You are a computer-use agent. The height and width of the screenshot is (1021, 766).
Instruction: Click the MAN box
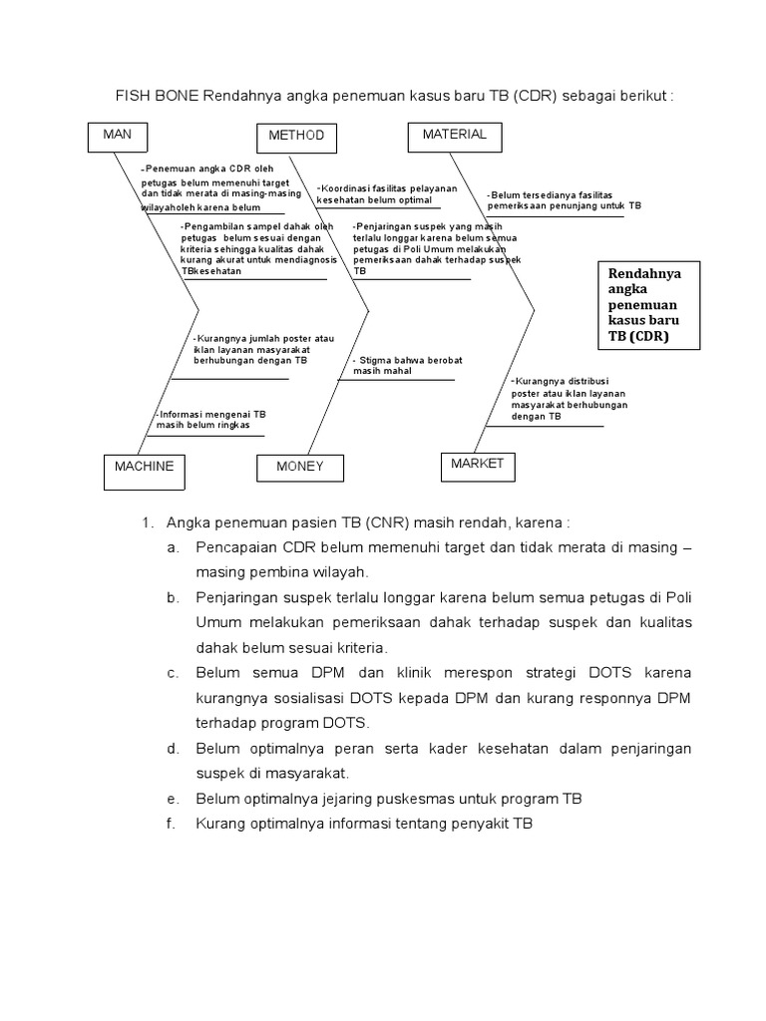coord(118,138)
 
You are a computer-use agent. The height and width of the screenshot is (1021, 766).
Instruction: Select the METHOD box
coord(296,137)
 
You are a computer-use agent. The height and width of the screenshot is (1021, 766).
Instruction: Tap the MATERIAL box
coord(454,137)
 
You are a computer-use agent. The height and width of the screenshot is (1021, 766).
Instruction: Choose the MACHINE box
coord(144,470)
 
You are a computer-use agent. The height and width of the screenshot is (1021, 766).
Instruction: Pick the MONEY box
coord(300,469)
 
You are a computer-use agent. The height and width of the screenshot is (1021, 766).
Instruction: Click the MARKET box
coord(477,466)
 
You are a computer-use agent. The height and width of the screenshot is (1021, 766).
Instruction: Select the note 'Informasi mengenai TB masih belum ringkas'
coord(210,419)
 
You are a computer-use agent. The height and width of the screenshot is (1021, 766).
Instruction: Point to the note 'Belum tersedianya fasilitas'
coord(564,199)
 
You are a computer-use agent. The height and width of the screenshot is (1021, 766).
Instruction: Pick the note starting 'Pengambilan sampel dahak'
coord(255,248)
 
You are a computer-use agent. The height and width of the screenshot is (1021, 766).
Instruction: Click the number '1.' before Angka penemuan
coord(146,522)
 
